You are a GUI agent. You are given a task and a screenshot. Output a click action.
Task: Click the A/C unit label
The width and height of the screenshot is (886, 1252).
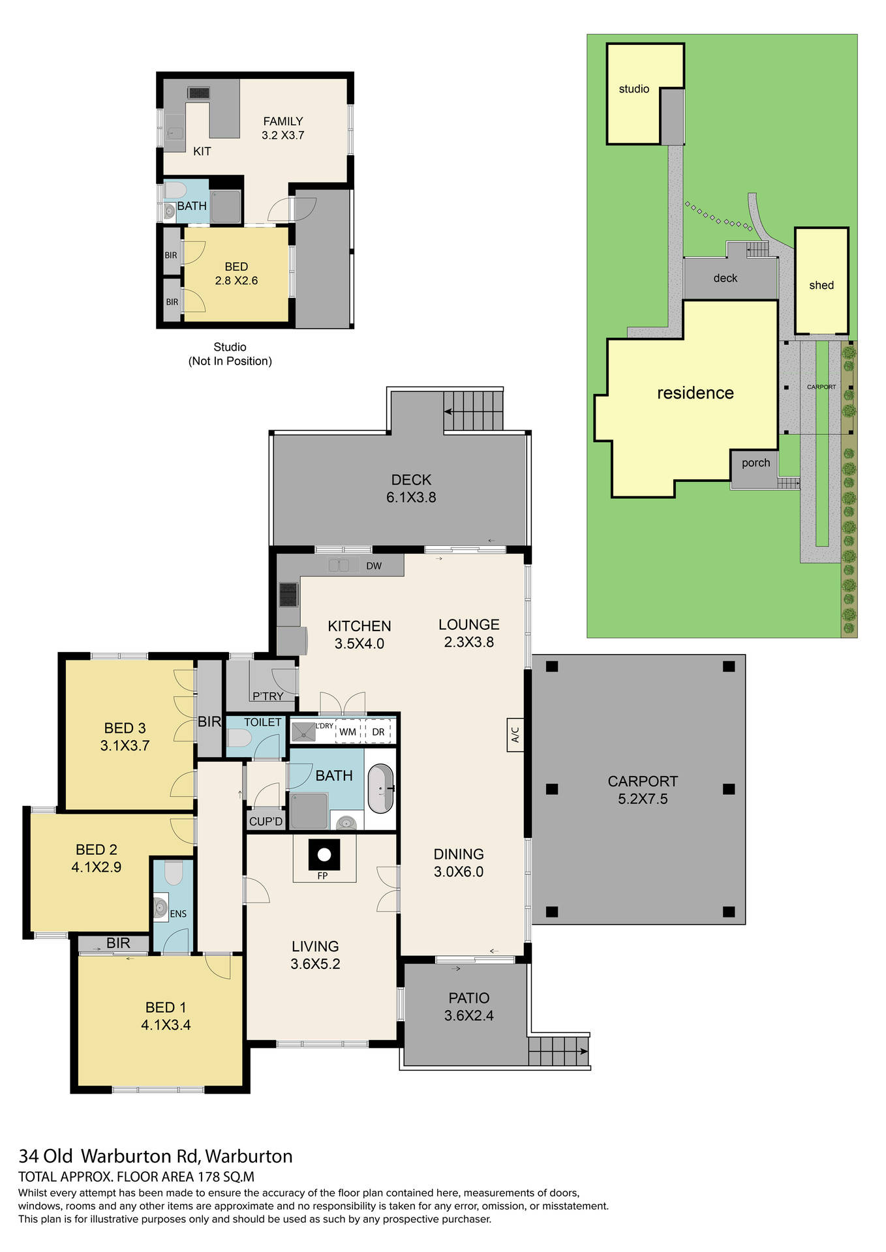click(515, 735)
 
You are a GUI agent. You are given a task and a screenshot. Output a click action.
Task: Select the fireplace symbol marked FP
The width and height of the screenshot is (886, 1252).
click(324, 855)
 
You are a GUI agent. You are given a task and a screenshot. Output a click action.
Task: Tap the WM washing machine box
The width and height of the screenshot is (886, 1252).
click(348, 732)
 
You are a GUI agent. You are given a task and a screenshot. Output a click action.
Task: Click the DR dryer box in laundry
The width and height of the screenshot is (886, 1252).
click(378, 732)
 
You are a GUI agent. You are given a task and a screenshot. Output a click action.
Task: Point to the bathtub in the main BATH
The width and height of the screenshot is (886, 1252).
click(380, 789)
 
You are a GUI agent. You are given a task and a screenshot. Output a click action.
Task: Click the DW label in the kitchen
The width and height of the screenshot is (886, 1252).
click(374, 566)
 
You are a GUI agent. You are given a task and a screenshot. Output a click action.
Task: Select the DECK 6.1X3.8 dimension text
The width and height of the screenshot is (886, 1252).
click(411, 498)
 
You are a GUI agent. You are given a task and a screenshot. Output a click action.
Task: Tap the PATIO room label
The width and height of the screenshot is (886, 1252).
click(468, 998)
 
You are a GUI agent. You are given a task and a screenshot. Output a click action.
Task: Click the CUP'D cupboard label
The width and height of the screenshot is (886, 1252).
click(266, 822)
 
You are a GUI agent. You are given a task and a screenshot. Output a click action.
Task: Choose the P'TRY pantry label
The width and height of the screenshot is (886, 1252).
click(267, 696)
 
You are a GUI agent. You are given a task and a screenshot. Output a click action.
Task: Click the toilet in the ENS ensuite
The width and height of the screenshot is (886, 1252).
click(174, 873)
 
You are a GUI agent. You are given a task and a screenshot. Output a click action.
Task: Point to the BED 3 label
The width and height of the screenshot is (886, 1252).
click(125, 728)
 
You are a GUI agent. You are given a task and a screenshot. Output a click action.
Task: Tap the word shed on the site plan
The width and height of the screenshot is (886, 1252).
click(821, 285)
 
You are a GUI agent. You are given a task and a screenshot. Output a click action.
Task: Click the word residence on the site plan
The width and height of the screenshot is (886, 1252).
click(695, 393)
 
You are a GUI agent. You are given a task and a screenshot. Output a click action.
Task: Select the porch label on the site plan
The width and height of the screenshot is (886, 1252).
click(756, 463)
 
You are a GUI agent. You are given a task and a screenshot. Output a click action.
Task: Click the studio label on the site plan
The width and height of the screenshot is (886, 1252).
click(634, 89)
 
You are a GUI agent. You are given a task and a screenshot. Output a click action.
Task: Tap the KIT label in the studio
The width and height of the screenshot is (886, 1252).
click(202, 151)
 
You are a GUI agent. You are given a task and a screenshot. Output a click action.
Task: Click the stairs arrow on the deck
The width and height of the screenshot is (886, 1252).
click(449, 411)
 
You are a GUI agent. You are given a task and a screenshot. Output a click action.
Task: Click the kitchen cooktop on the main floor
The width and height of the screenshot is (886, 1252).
click(288, 595)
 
